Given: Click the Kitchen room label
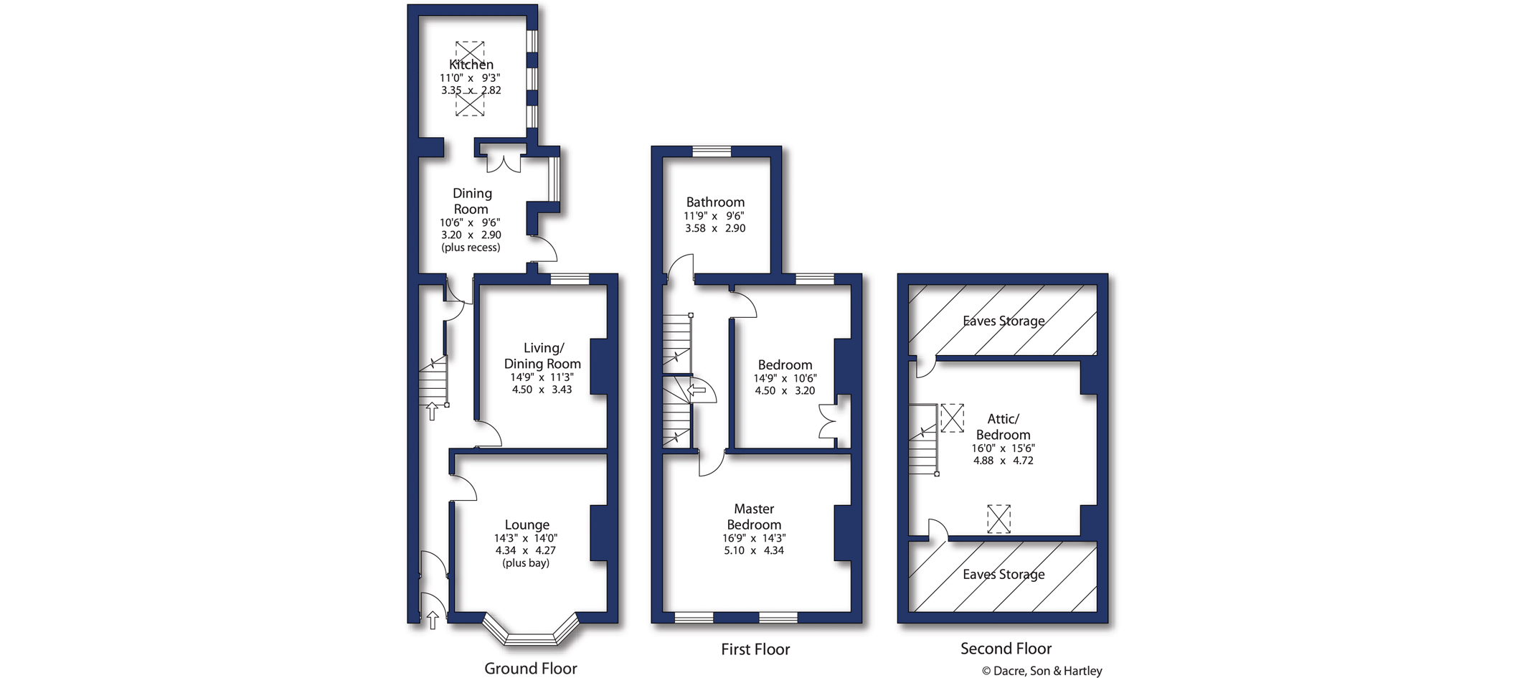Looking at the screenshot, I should pos(471,65).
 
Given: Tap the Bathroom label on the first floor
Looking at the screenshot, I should pos(715,202).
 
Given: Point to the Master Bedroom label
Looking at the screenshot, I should pos(754,517).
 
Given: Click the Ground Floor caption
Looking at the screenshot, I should pos(530,669).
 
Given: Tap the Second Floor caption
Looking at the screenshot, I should pos(1006,649).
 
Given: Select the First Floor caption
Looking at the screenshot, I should pos(755,649).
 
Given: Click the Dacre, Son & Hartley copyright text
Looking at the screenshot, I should pos(1042,671).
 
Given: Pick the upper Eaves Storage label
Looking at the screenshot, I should pos(1004,321).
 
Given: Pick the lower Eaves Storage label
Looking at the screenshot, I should pos(1004,574).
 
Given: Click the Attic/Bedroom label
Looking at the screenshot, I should pos(1003,427).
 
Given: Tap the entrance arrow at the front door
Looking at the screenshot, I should pos(433,620).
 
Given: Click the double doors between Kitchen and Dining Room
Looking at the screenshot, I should pos(504,163).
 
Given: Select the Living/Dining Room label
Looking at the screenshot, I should pos(542,356).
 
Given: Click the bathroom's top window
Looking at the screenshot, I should pos(712,151).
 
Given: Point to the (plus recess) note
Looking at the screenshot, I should pos(471,248).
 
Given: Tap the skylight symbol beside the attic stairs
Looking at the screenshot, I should pos(952,418).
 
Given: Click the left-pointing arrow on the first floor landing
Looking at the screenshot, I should pos(697,390).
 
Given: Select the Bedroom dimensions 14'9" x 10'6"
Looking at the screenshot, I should pos(785,378).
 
